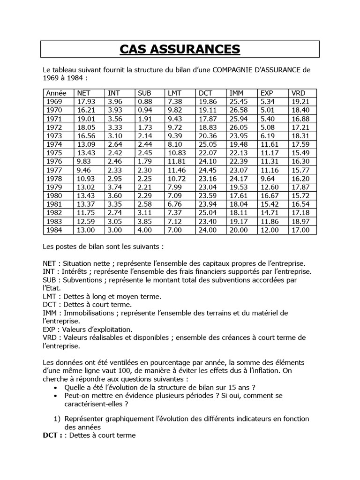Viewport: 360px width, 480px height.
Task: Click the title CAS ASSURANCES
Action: pos(180,49)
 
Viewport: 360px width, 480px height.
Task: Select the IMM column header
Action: pos(235,93)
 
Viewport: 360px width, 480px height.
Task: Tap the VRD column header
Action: pos(298,93)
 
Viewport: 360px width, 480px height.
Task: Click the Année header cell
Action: pos(56,93)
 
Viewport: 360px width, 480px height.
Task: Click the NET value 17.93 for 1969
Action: pos(86,101)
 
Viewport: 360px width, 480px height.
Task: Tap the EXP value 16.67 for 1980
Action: pos(269,195)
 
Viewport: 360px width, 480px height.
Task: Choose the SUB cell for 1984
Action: pos(145,230)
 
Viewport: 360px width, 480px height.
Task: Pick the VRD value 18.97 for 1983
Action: pos(300,221)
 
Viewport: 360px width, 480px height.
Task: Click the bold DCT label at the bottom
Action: pos(51,435)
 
